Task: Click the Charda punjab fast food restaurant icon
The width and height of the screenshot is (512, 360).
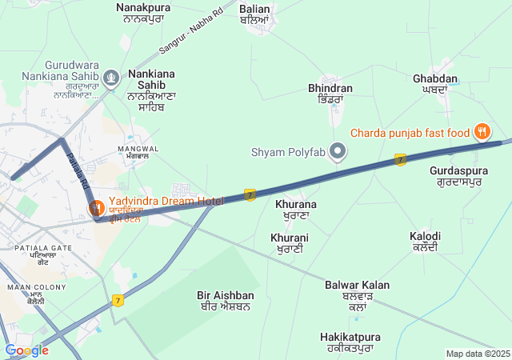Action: (482, 130)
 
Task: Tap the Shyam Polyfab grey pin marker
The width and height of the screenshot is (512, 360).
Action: (338, 150)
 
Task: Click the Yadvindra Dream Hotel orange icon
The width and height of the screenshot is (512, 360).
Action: (96, 208)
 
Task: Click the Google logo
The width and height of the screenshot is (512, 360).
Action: (26, 350)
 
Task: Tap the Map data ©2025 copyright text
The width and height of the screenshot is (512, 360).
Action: (478, 354)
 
